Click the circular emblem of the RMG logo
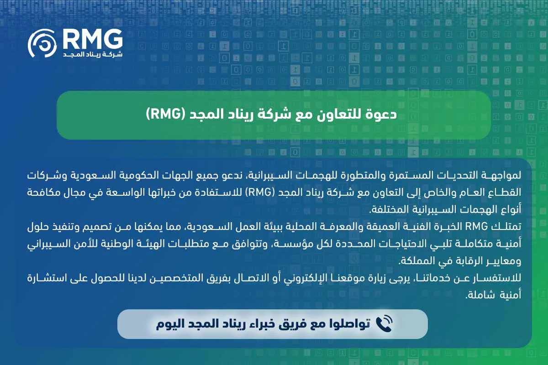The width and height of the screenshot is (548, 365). [x=42, y=44]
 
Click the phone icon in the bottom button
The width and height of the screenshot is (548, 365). [x=384, y=324]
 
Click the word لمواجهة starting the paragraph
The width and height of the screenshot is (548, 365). [x=503, y=175]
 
